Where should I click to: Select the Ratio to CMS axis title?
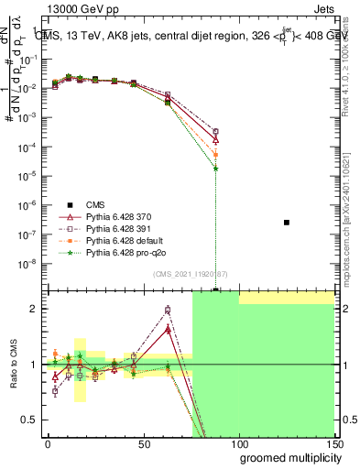click(x=13, y=365)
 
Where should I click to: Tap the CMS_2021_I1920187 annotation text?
click(x=191, y=273)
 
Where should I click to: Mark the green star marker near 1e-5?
click(x=215, y=169)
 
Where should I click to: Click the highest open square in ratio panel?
click(x=168, y=310)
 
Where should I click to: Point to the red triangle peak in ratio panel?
click(x=168, y=326)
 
